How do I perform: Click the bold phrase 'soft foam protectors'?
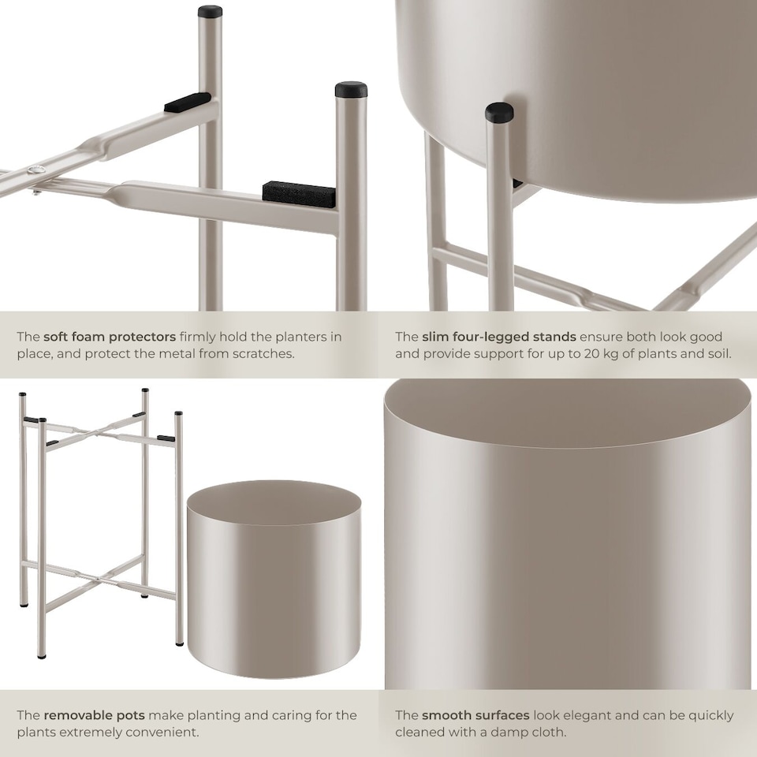click(110, 337)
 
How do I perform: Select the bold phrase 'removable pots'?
click(94, 715)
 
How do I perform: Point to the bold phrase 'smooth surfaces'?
click(475, 715)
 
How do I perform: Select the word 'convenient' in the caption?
click(163, 732)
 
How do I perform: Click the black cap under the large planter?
click(498, 113)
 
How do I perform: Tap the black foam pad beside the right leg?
click(299, 192)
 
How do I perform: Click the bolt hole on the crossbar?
click(34, 173)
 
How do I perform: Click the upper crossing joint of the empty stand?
click(93, 431)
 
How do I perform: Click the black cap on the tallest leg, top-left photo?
click(210, 12)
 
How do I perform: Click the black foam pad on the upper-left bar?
click(188, 102)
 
